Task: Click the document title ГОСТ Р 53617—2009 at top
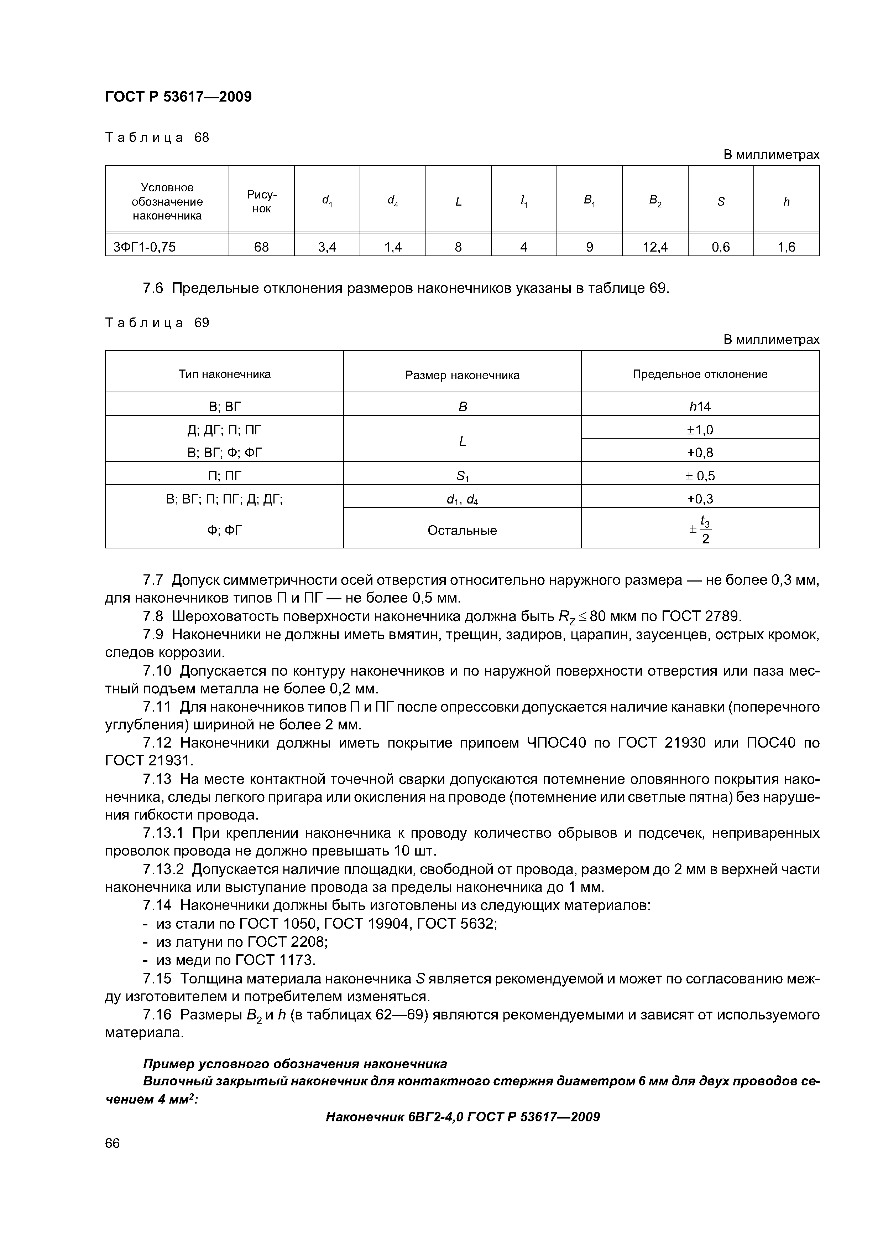click(x=178, y=97)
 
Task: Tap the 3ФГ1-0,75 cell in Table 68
click(x=144, y=247)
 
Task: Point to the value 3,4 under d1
click(x=327, y=247)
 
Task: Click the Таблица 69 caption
click(x=157, y=323)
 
